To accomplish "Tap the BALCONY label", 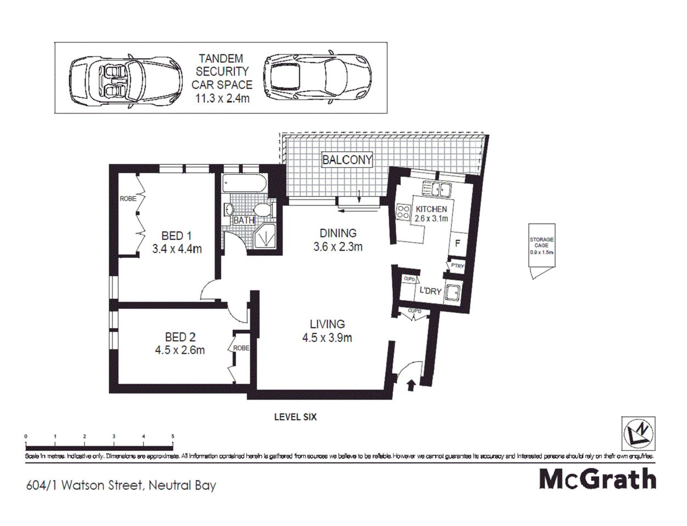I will click(x=347, y=160).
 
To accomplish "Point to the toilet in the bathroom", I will click(x=264, y=210).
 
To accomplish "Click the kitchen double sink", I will click(x=436, y=190).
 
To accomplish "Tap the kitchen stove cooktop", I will click(x=403, y=211).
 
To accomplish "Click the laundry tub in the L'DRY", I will click(x=454, y=294).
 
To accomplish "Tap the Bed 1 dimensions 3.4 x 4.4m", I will click(x=177, y=249).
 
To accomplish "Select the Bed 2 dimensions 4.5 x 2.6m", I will click(x=180, y=350).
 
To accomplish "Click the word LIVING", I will click(x=327, y=324).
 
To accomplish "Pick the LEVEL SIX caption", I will click(x=295, y=417).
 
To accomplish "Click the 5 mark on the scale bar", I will click(x=173, y=437).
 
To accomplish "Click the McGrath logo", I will click(x=598, y=479).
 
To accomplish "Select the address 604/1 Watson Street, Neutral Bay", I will click(x=121, y=485).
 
